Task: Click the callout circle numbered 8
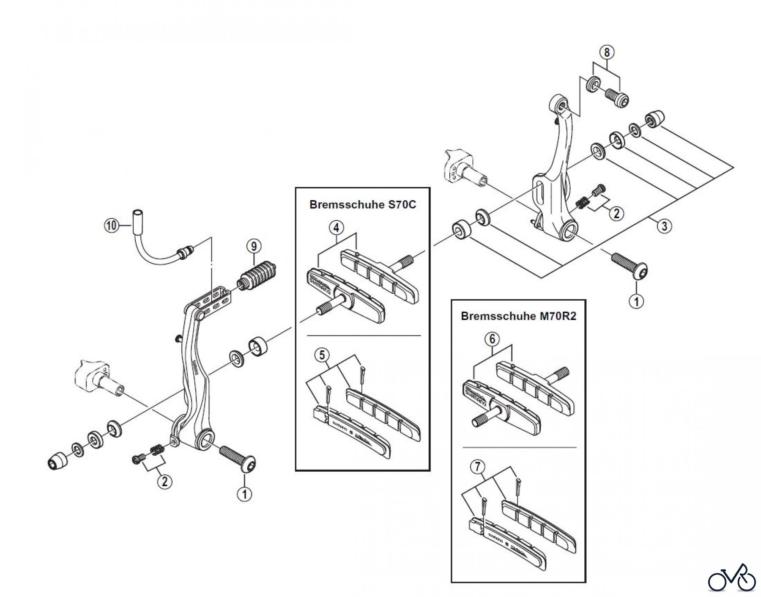point(607,53)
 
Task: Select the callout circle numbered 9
point(254,246)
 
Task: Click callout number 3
point(664,226)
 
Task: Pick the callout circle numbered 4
point(336,228)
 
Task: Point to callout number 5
point(322,355)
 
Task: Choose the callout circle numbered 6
point(492,338)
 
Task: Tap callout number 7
point(478,467)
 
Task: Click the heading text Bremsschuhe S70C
point(363,205)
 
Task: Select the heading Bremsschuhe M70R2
point(518,316)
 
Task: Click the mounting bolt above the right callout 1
point(630,265)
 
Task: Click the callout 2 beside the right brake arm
point(616,213)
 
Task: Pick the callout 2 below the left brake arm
point(164,481)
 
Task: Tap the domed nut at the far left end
point(57,460)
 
